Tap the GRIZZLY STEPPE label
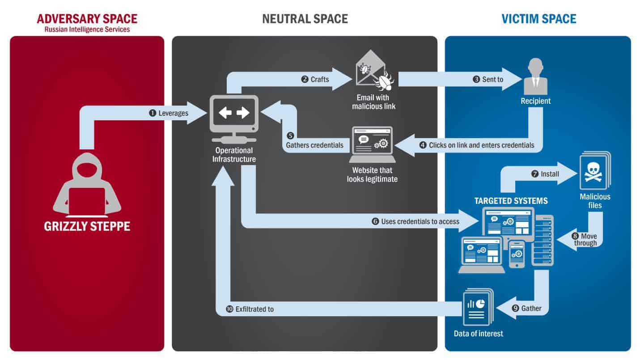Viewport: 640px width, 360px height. (87, 226)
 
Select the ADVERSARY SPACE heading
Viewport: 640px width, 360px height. (87, 19)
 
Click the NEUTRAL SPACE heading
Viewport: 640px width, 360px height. (305, 19)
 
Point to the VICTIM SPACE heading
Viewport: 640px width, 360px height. (539, 19)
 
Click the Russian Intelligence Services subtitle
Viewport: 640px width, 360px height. (87, 30)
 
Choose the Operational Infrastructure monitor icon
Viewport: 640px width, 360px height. (234, 119)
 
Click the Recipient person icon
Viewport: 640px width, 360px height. (535, 76)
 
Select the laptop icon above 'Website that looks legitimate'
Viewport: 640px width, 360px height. (372, 144)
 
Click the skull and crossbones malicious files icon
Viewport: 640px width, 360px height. (595, 170)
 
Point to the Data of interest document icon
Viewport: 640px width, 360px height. (478, 307)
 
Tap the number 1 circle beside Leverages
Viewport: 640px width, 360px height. (153, 113)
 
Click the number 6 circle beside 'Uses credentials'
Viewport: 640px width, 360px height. (375, 221)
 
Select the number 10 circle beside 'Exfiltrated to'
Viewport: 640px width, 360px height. (229, 309)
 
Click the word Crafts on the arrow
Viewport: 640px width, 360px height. (320, 79)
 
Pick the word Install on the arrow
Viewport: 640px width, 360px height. (550, 174)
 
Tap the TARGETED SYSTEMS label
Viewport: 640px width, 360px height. (511, 201)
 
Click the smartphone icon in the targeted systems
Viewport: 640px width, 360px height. (517, 254)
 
